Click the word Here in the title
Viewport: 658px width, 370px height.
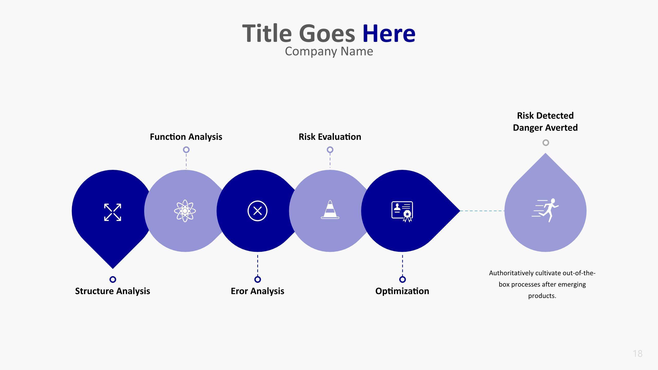pos(389,33)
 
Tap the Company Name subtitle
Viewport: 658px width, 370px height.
pos(329,51)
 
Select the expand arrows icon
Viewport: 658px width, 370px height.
pos(113,212)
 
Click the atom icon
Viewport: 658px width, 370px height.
pos(185,211)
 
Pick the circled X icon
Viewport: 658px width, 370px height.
pos(258,211)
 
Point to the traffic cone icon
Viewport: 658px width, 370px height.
pos(330,210)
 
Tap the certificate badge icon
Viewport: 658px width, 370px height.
pos(403,211)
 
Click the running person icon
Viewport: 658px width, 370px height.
pos(545,210)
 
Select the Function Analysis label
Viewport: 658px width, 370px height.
pos(186,137)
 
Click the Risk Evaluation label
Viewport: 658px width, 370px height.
pos(330,137)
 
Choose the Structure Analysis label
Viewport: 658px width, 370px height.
pos(113,291)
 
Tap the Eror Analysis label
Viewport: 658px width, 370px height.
pos(258,291)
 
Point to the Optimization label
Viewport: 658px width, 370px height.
pos(402,291)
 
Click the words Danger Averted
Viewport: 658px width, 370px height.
pos(545,128)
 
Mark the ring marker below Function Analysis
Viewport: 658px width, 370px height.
pos(186,150)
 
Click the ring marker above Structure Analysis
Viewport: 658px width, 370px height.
pos(113,279)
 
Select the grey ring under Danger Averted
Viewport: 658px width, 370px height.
pos(546,143)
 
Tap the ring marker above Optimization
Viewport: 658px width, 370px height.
pos(403,279)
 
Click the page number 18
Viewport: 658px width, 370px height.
pos(638,354)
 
